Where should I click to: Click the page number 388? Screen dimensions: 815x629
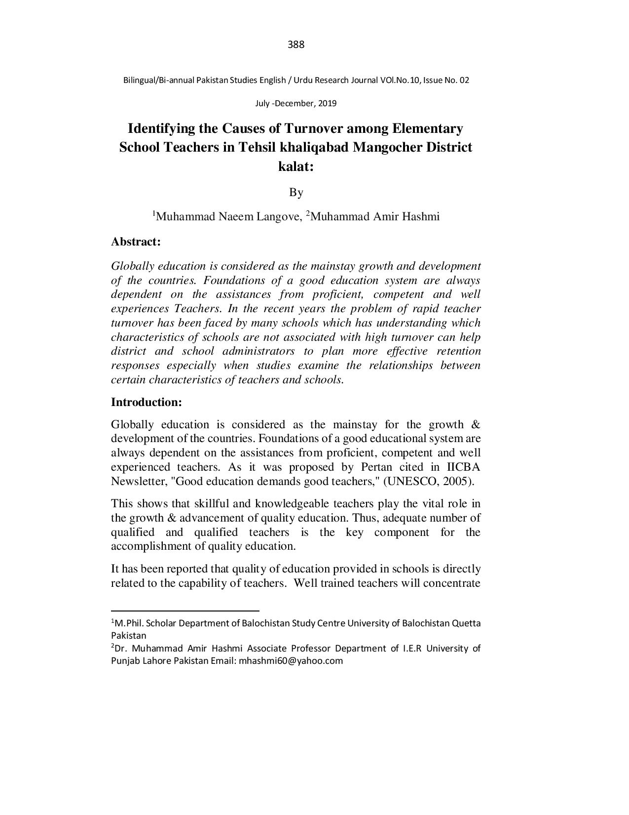tap(296, 45)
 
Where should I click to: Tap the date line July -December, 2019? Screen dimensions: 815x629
tap(296, 104)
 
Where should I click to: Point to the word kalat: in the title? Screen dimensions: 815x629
tap(296, 166)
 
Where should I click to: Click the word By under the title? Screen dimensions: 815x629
tap(296, 192)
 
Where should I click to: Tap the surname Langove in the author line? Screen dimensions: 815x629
tap(278, 217)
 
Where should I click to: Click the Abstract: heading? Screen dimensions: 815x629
tap(136, 242)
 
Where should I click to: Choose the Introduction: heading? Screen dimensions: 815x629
tap(147, 402)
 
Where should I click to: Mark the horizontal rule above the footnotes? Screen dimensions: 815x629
tap(185, 611)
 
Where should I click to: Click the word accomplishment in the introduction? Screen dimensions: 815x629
tap(156, 546)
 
